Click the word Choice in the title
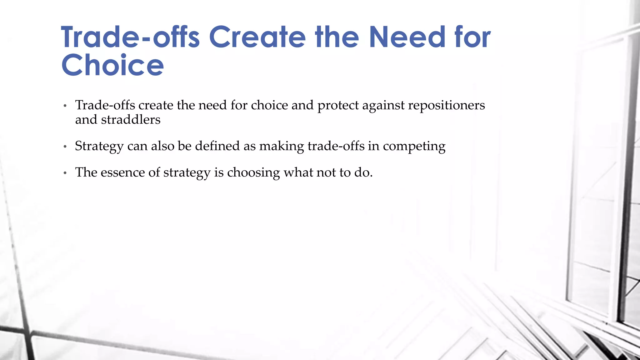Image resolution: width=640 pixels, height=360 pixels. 112,65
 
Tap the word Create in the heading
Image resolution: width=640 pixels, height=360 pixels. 257,37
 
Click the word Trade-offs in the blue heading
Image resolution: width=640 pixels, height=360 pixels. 130,37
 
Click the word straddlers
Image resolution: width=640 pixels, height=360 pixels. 131,120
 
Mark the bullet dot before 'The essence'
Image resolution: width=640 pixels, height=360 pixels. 65,173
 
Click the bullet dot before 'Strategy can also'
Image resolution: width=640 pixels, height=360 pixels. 65,147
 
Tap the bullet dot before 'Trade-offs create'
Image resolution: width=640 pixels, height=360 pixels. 65,106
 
